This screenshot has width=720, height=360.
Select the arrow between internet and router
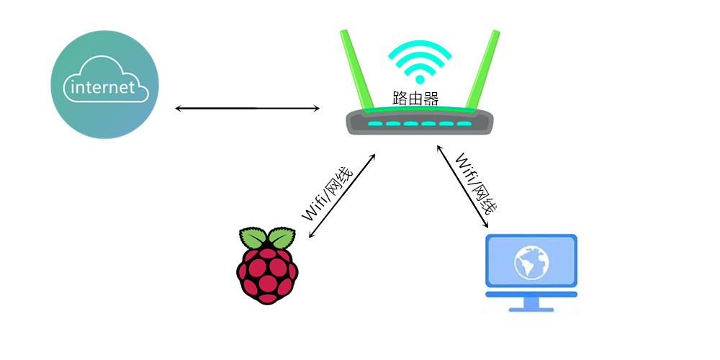(x=247, y=109)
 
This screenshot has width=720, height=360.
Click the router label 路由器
(x=415, y=98)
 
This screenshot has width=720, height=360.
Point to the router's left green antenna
(x=354, y=68)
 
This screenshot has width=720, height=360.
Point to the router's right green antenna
(x=484, y=68)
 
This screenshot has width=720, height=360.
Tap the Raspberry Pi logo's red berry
(x=267, y=274)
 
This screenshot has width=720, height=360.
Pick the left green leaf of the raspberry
(x=253, y=238)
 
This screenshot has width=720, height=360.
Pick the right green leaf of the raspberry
(x=282, y=238)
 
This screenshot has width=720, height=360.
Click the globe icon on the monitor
(x=531, y=264)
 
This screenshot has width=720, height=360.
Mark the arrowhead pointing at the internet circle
(x=179, y=109)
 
